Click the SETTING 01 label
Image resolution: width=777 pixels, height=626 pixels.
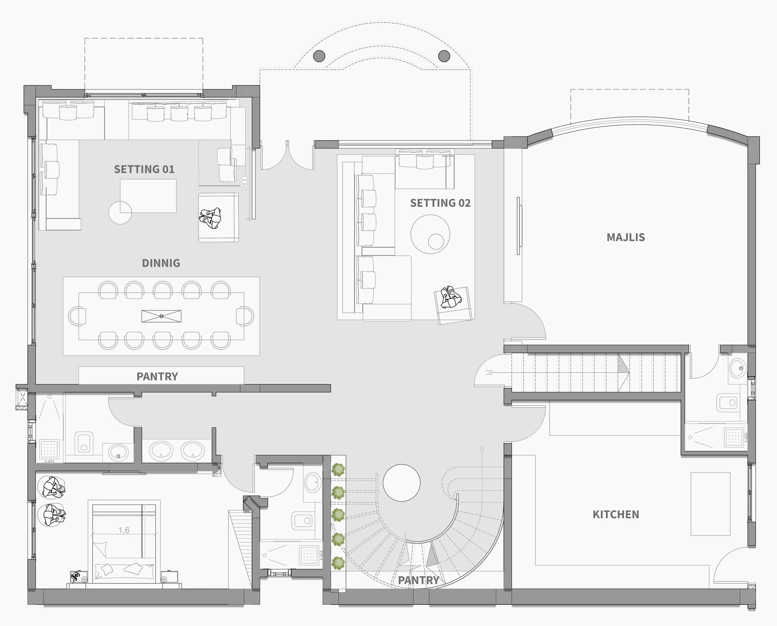[x=144, y=169]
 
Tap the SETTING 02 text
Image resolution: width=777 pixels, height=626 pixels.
[x=440, y=203]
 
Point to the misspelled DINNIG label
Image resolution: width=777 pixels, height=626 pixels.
[x=161, y=263]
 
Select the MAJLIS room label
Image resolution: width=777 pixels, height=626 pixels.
[x=626, y=237]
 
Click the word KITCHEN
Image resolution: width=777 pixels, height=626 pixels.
[x=616, y=514]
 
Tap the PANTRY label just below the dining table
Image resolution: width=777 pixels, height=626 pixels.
[x=157, y=377]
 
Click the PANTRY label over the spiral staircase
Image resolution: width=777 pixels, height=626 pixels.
[x=418, y=580]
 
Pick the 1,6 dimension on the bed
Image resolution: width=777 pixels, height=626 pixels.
[x=124, y=530]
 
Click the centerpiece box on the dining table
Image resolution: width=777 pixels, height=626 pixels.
[x=161, y=316]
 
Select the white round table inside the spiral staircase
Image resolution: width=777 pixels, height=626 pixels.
[x=402, y=483]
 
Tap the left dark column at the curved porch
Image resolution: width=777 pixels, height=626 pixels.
[x=319, y=56]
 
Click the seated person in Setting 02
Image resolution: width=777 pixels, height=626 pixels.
[x=451, y=297]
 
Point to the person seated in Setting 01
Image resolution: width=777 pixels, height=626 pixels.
[x=210, y=218]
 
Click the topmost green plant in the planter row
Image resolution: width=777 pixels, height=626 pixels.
[x=338, y=470]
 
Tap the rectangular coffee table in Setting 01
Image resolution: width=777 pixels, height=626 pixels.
[x=148, y=196]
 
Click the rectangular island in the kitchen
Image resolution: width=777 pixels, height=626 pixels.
[x=710, y=504]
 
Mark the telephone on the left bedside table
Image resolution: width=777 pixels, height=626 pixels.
[x=76, y=576]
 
